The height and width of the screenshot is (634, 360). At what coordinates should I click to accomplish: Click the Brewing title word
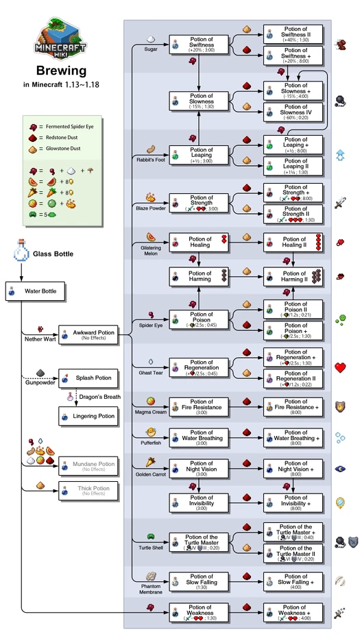point(62,71)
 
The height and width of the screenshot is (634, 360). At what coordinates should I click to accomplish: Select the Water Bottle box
point(36,291)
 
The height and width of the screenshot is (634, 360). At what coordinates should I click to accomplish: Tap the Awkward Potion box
point(87,334)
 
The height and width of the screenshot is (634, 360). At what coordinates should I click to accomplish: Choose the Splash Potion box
point(87,378)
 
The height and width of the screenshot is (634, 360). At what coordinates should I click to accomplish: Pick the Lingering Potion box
point(87,415)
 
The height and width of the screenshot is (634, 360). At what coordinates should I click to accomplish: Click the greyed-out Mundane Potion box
point(87,466)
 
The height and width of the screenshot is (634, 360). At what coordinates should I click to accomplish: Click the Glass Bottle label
point(52,254)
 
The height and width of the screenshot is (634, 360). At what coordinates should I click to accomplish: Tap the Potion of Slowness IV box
point(290,110)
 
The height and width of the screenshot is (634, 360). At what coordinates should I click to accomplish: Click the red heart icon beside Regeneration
point(340,367)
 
